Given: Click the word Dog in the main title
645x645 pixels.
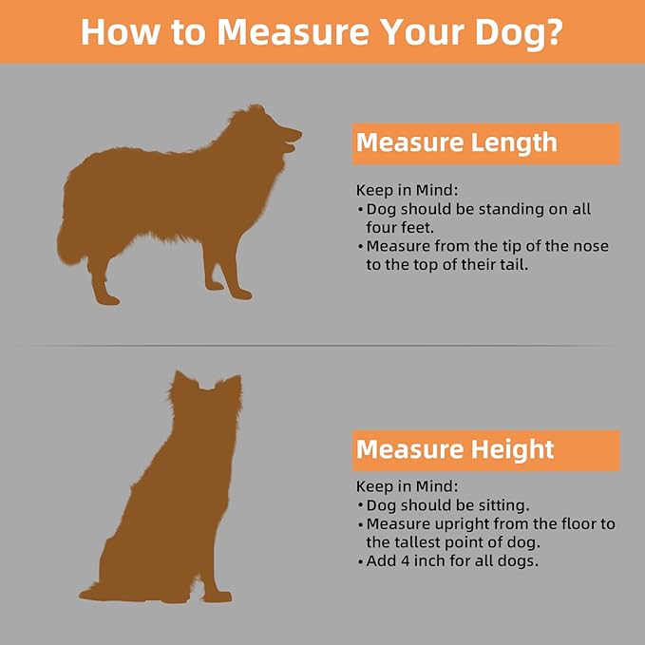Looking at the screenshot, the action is pyautogui.click(x=511, y=34).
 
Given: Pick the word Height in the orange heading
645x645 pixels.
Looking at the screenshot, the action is pyautogui.click(x=513, y=450).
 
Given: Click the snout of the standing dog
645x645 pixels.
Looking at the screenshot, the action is pyautogui.click(x=292, y=136).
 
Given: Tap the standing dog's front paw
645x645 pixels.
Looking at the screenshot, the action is pyautogui.click(x=242, y=294).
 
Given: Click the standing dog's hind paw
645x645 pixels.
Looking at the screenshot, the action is pyautogui.click(x=107, y=300).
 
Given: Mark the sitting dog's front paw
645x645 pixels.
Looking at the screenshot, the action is pyautogui.click(x=218, y=597).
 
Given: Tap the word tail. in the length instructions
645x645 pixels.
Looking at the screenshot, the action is pyautogui.click(x=514, y=265).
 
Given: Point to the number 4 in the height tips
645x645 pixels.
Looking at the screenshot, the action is pyautogui.click(x=406, y=561).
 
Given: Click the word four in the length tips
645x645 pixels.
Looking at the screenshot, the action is pyautogui.click(x=382, y=228).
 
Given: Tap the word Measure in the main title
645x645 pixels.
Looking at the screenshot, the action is pyautogui.click(x=293, y=32).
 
